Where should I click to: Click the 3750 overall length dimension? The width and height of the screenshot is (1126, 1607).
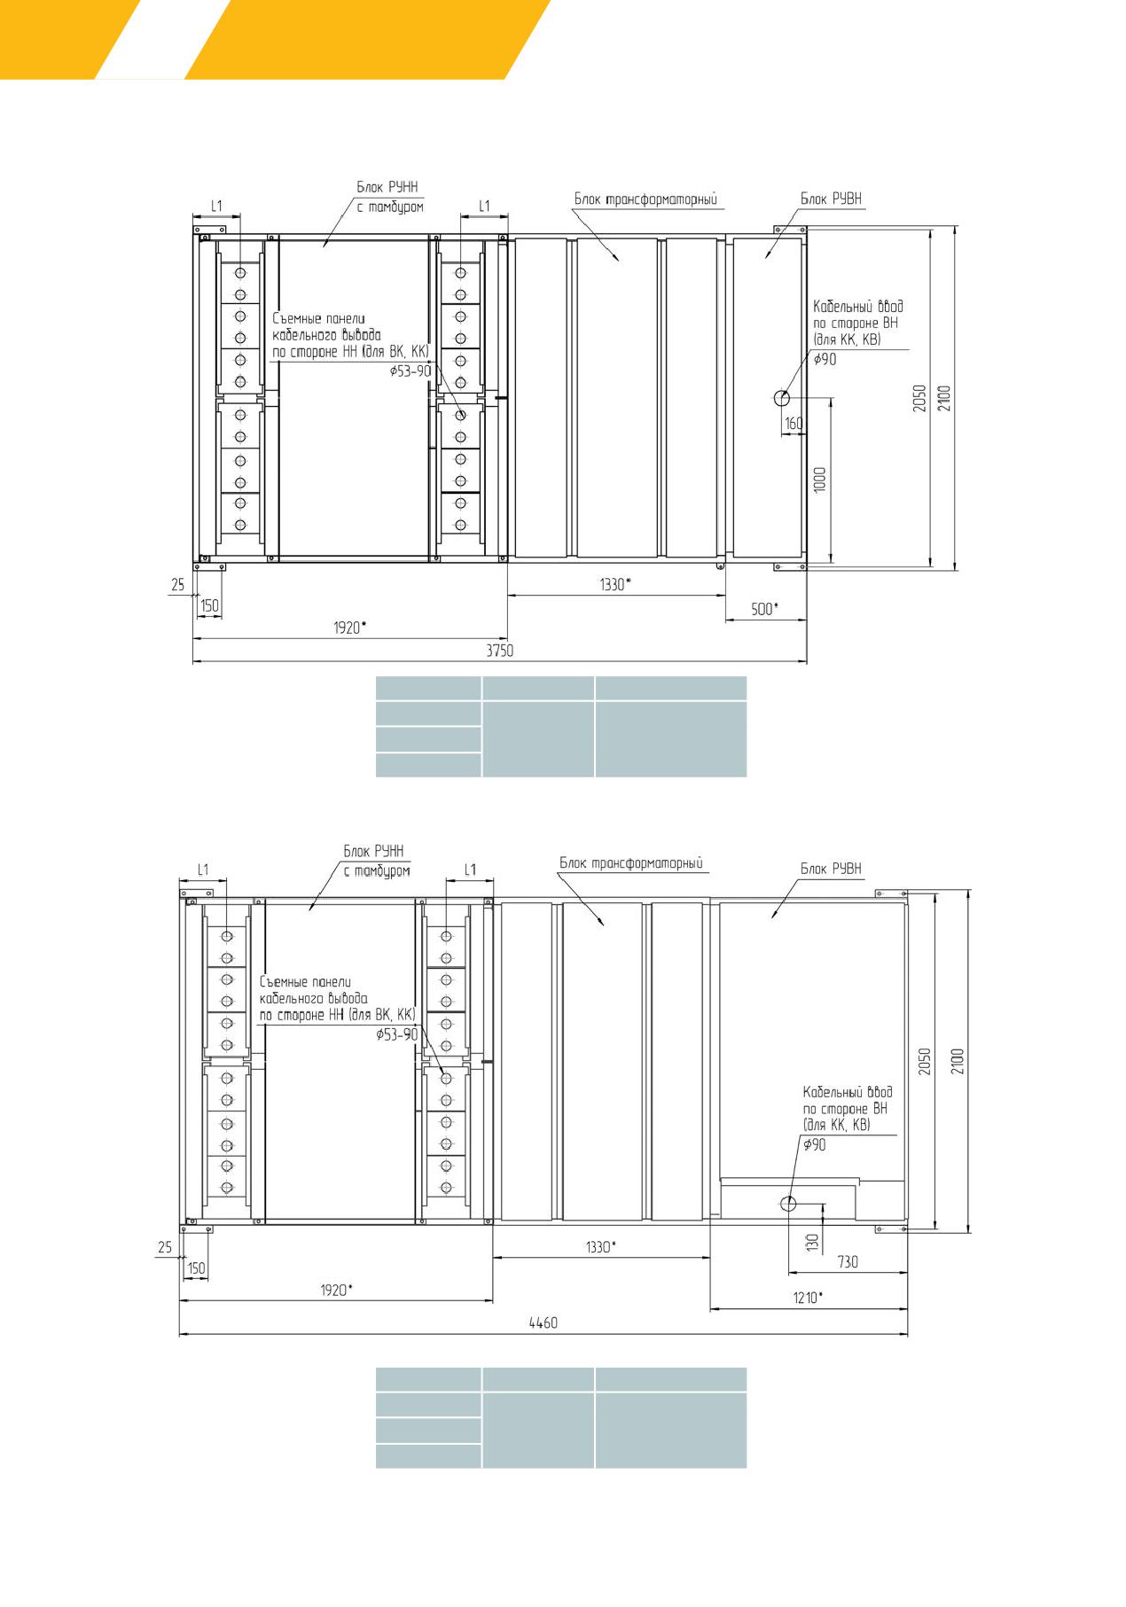499,650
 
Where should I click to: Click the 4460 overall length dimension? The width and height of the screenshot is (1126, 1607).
543,1322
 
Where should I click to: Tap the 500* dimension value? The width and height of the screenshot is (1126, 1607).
764,609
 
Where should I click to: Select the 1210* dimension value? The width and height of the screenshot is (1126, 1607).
807,1298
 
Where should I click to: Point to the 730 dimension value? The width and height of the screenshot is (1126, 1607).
848,1261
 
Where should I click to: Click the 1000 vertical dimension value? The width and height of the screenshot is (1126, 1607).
820,480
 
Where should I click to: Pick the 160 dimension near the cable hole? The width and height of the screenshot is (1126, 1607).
794,424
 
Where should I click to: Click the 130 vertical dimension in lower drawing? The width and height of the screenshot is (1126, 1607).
812,1242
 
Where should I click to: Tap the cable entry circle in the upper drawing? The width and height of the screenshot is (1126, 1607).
782,398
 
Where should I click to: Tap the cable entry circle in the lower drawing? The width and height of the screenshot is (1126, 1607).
787,1203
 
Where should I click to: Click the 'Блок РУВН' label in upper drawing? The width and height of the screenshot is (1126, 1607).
831,199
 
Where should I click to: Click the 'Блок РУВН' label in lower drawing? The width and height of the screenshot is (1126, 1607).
831,869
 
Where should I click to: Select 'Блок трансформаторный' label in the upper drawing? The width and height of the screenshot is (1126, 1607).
645,199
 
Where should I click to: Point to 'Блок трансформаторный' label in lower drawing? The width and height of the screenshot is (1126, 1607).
631,863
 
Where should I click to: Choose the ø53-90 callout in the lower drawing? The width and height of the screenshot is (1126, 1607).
396,1034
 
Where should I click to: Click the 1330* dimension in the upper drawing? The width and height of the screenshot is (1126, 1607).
614,584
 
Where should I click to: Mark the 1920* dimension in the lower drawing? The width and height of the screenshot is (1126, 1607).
336,1290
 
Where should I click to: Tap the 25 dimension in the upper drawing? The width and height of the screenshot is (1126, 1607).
177,584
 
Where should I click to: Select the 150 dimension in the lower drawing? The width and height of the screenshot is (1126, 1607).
196,1268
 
